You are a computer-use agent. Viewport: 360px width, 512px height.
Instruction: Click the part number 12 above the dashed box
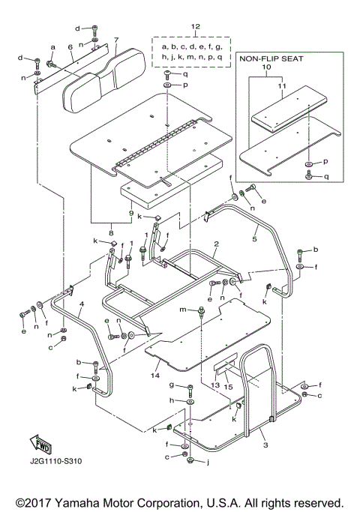[196, 28]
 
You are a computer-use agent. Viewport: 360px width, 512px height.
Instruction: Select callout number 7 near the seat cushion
[116, 40]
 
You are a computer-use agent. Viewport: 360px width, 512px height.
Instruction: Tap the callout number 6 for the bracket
[70, 46]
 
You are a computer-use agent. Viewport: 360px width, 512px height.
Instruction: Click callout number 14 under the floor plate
[155, 375]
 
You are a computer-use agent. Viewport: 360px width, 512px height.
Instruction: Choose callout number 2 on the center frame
[215, 244]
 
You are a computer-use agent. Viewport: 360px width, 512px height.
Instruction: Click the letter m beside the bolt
[181, 310]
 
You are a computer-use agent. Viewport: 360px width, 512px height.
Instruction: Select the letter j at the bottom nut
[207, 462]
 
